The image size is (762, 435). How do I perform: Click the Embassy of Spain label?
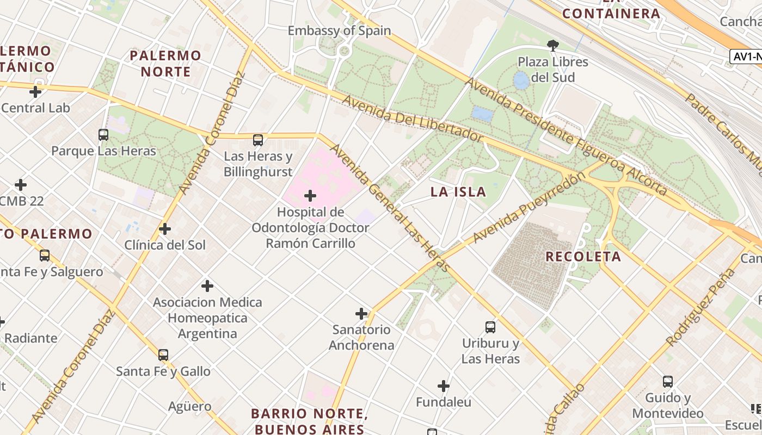point(339,30)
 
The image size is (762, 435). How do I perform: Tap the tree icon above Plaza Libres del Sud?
point(553,45)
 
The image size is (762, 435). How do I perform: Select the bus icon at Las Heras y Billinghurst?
point(258,140)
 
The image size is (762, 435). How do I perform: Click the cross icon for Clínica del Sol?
point(165,229)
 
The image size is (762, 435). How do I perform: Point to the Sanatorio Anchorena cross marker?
point(361,313)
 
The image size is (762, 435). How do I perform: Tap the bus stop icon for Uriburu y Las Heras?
point(490,327)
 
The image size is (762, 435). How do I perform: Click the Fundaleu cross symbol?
point(444,386)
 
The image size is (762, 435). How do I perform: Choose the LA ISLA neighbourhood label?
point(458,192)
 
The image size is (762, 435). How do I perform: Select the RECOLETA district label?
point(583,257)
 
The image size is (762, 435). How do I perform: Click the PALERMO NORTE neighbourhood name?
point(165,64)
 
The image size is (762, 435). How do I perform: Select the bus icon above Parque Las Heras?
point(103,134)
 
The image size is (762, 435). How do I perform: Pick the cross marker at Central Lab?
point(35,92)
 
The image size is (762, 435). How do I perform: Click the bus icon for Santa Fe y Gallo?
point(163,355)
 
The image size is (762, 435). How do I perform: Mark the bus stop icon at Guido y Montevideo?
point(668,382)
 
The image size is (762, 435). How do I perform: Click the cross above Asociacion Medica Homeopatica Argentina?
point(207,285)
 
